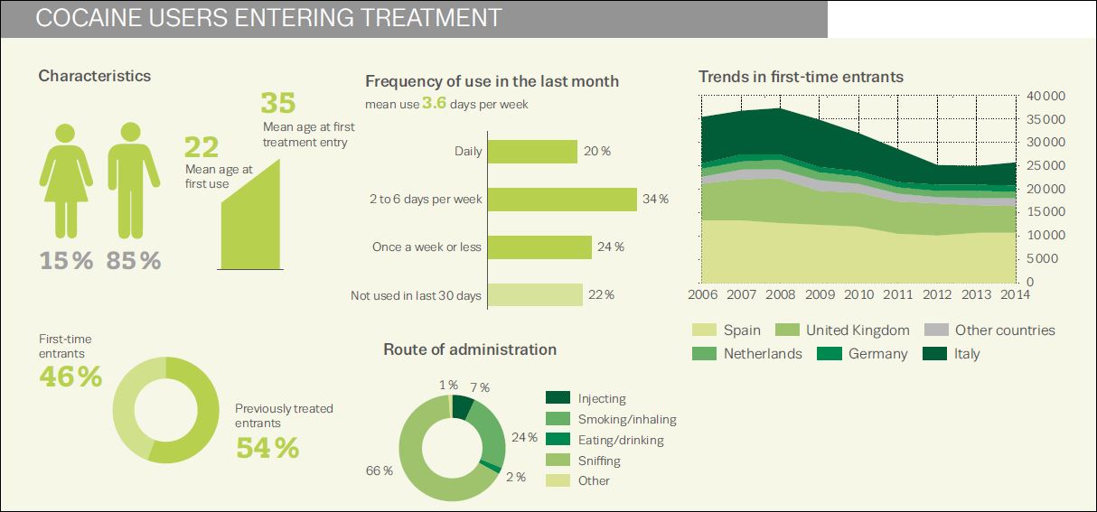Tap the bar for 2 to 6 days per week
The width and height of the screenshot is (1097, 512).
pos(563,200)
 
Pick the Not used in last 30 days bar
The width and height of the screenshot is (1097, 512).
pos(536,295)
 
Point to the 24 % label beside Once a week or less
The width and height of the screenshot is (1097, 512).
pos(612,247)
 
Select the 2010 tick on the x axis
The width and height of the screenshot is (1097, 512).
pos(858,295)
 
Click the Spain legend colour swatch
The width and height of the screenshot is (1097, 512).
pos(704,330)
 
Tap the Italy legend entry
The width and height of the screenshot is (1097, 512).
pos(966,354)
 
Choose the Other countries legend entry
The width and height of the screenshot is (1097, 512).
pos(1004,330)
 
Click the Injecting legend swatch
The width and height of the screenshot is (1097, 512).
pos(558,398)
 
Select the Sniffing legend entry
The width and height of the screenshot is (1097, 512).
pos(599,461)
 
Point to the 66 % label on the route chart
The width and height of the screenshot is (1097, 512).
pos(380,471)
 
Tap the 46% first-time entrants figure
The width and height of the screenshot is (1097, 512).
pos(70,377)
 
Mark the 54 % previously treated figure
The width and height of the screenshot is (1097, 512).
pos(267,447)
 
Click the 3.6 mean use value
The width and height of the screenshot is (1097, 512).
pos(435,104)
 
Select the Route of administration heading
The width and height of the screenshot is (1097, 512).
pos(470,349)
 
